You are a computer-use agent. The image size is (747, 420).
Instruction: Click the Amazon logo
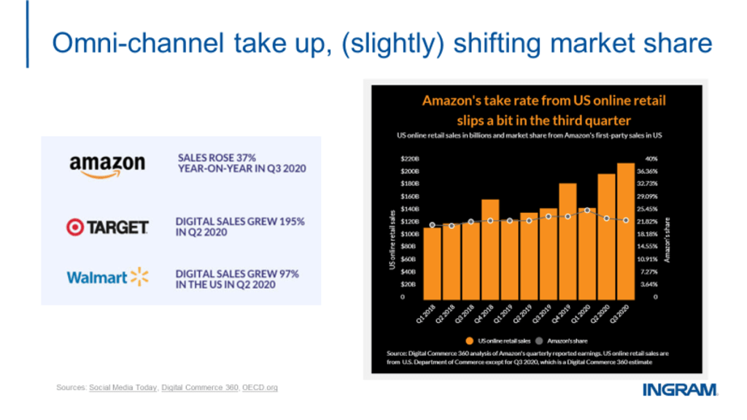(x=107, y=165)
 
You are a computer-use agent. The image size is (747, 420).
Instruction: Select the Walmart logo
(x=107, y=277)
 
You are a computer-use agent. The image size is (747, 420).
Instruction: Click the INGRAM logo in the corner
(x=680, y=390)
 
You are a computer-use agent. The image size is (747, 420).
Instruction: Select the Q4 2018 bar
(x=490, y=248)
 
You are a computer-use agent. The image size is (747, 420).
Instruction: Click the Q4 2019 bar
(x=568, y=240)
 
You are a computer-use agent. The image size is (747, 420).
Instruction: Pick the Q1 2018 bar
(x=432, y=262)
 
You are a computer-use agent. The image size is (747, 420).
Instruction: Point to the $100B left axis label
(x=409, y=234)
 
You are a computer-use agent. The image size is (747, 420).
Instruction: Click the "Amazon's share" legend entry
(x=562, y=340)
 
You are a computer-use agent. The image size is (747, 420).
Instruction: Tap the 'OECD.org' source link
(x=260, y=388)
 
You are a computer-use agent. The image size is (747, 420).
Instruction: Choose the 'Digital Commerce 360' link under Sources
(x=200, y=388)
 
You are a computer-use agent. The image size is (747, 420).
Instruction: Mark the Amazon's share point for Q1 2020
(x=587, y=210)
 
